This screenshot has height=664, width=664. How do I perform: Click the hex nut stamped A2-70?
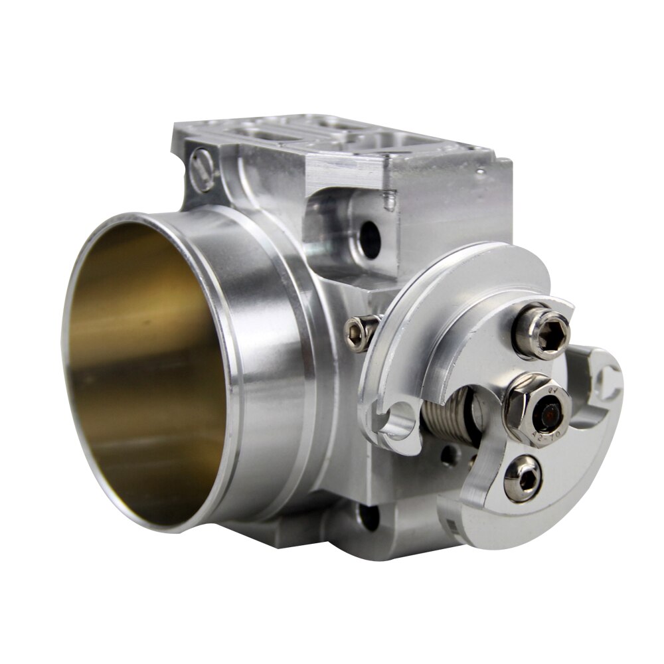537,410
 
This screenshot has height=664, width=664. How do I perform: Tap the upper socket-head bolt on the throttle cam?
542,330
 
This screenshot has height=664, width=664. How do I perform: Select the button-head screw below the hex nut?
523,478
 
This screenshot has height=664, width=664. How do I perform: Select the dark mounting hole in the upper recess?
369,240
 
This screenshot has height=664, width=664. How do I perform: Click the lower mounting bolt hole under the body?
369,517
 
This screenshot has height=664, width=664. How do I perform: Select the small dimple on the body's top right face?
479,171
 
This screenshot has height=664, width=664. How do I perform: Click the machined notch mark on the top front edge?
388,199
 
